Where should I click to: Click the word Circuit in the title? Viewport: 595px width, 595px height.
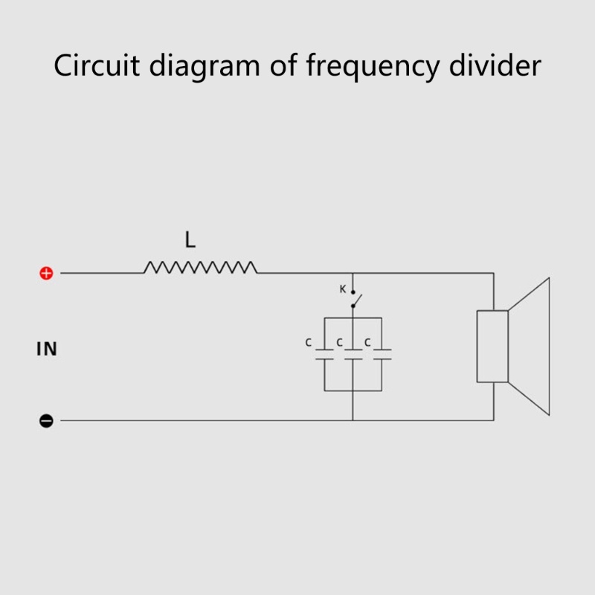coord(97,66)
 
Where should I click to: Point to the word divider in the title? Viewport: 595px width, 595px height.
coord(495,66)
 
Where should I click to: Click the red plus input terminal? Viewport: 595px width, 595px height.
coord(46,274)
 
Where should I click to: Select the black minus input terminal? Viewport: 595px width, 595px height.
coord(46,421)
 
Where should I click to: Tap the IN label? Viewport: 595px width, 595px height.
coord(47,349)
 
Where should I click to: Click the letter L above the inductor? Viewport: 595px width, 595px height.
coord(190,240)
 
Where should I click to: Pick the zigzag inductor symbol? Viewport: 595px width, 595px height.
coord(201,267)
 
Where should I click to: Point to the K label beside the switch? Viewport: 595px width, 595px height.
coord(343,289)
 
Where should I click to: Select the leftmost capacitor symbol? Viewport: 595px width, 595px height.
coord(324,353)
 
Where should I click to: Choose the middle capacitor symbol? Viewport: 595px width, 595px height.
coord(353,353)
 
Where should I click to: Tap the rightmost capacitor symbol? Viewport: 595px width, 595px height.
coord(382,353)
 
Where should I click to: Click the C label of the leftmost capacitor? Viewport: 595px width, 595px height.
coord(309,343)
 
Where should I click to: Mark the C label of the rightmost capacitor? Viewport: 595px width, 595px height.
coord(367,343)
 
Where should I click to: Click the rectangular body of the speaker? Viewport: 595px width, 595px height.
coord(492,346)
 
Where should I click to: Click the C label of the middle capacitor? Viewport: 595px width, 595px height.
coord(339,343)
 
